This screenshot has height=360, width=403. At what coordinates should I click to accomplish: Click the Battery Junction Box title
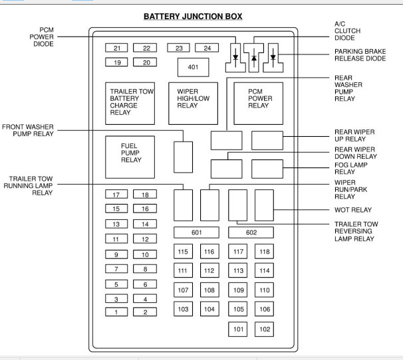pyautogui.click(x=192, y=16)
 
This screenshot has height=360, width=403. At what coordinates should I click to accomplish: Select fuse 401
pyautogui.click(x=193, y=68)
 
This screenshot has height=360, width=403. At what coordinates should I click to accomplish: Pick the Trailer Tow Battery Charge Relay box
pyautogui.click(x=131, y=103)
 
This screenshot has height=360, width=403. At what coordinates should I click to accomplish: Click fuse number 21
pyautogui.click(x=117, y=48)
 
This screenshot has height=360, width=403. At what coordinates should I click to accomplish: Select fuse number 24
pyautogui.click(x=207, y=48)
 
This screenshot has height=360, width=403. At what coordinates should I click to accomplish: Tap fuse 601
pyautogui.click(x=197, y=232)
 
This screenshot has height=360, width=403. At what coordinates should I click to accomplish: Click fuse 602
pyautogui.click(x=251, y=232)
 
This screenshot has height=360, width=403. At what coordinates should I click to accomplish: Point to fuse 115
pyautogui.click(x=184, y=251)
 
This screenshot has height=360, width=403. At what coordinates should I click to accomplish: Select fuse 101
pyautogui.click(x=238, y=328)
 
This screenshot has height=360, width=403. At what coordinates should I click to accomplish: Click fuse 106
pyautogui.click(x=265, y=309)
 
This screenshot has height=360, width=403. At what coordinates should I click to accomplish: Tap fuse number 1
pyautogui.click(x=117, y=312)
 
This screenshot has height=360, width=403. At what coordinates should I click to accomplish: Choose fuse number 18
pyautogui.click(x=144, y=195)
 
